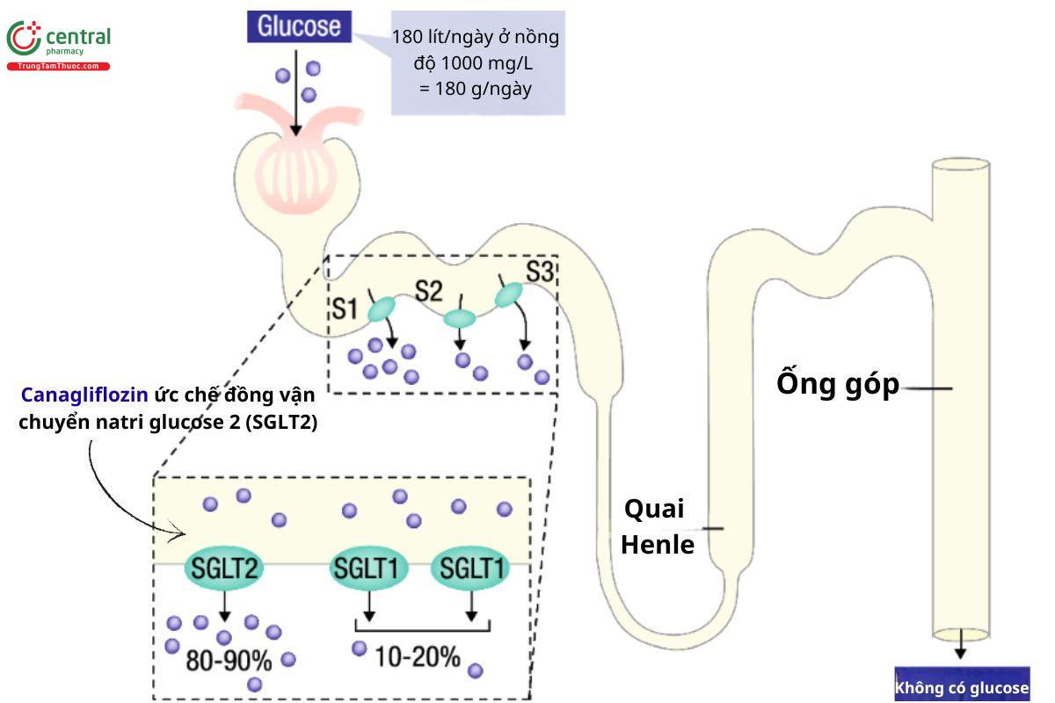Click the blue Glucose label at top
point(300,25)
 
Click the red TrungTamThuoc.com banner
point(59,66)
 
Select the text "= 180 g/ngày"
point(475,89)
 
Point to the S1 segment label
point(344,308)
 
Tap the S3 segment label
point(539,272)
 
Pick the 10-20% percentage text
point(418,656)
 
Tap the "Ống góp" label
point(837,385)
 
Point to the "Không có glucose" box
point(961,688)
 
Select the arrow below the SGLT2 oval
point(224,606)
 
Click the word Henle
point(658,545)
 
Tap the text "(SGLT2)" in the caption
point(282,422)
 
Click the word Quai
point(653,510)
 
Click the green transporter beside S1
point(382,308)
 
